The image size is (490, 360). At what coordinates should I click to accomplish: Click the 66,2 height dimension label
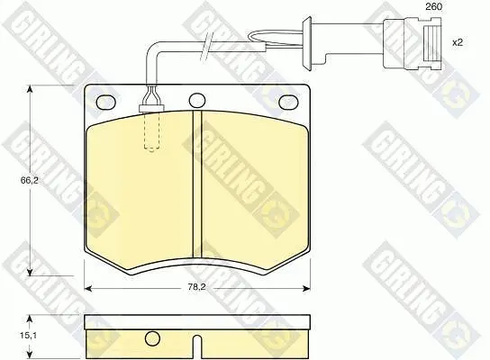point(30,180)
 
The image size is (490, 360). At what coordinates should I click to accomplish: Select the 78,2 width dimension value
point(196,288)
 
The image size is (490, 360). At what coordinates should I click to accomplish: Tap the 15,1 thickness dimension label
point(29,336)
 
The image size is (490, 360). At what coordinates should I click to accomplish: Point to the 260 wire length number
point(434,6)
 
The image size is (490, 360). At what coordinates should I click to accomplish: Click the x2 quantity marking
point(458,42)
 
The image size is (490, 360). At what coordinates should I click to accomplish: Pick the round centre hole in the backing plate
point(197,101)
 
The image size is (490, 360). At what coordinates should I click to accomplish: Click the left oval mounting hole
point(105,102)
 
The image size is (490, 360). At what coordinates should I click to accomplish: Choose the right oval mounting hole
point(288,102)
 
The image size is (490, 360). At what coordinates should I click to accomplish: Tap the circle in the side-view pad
point(152,337)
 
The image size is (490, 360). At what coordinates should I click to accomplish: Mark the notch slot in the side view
point(197,347)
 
